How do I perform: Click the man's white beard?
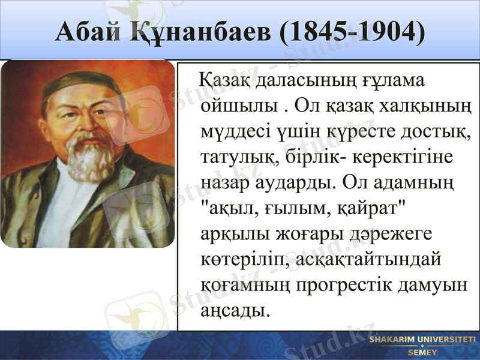click(89, 158)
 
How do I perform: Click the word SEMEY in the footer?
click(422, 352)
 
